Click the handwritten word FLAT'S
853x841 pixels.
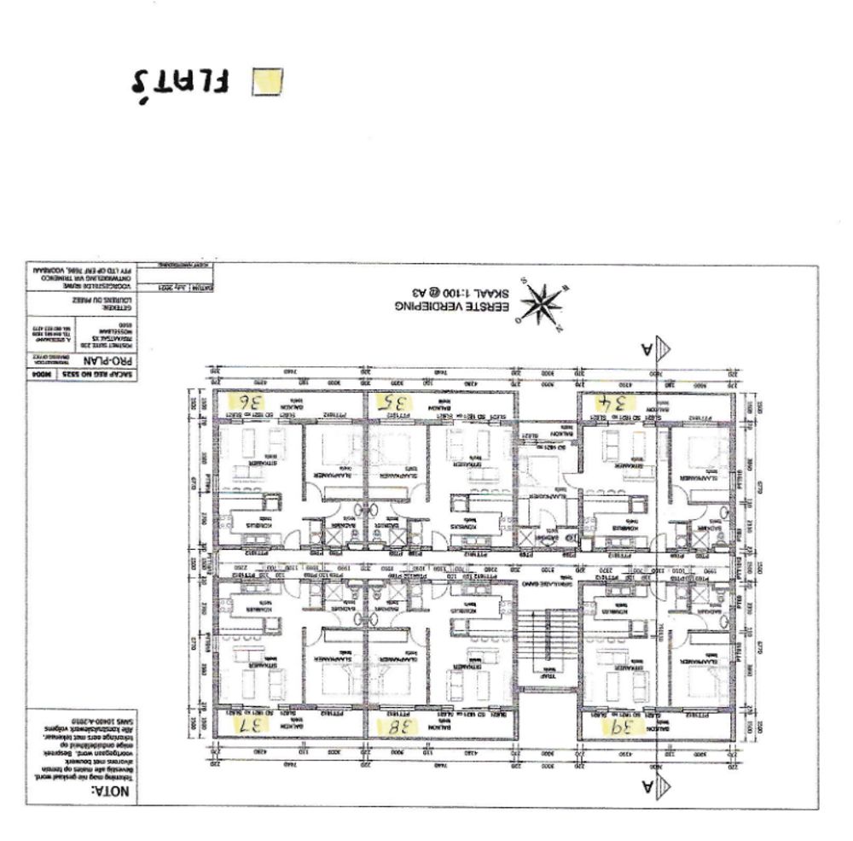pos(180,82)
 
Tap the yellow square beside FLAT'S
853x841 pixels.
pos(269,80)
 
